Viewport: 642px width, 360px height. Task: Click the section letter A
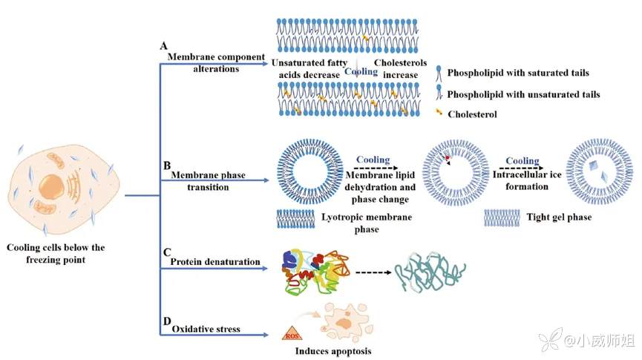coord(164,46)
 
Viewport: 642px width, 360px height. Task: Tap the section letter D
coord(166,320)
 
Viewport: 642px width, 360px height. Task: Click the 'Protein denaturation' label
coord(215,261)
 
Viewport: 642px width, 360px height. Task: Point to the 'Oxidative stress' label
coord(206,329)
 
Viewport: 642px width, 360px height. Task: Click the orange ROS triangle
coord(291,335)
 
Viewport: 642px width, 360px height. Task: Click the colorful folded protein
coord(312,271)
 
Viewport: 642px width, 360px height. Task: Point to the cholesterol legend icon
coord(440,113)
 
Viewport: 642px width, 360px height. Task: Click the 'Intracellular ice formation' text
coord(523,181)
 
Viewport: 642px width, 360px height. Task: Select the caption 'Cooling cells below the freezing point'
coord(56,253)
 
